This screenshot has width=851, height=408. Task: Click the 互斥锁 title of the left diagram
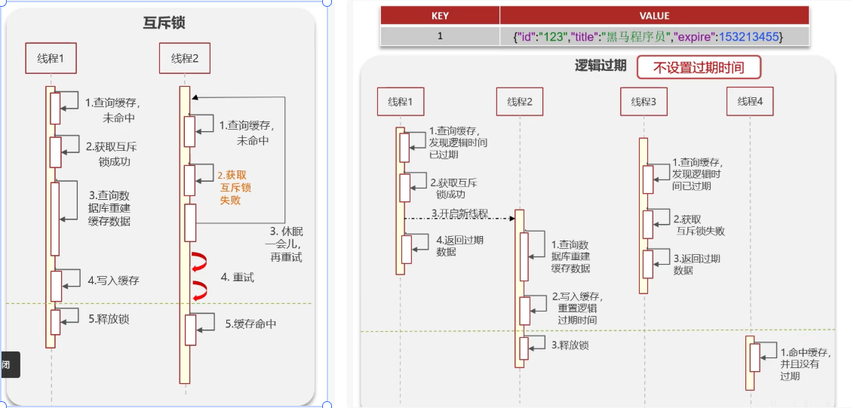click(164, 23)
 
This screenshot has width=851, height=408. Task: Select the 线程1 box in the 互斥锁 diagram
click(57, 58)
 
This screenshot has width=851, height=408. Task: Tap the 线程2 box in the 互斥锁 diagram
click(185, 58)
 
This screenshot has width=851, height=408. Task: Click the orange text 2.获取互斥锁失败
click(235, 187)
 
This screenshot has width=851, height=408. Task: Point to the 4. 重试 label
click(238, 278)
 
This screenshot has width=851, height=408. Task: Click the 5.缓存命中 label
click(250, 324)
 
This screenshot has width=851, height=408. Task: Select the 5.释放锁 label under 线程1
click(108, 319)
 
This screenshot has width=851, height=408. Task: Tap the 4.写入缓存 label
click(113, 281)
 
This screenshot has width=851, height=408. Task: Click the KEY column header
click(440, 16)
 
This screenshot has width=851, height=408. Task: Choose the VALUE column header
click(653, 16)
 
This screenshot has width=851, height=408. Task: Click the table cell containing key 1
click(440, 36)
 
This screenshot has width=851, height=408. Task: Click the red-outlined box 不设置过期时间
click(698, 68)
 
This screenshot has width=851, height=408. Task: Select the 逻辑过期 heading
click(601, 66)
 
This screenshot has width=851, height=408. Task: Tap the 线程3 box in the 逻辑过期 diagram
click(644, 102)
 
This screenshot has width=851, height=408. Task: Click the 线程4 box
click(750, 102)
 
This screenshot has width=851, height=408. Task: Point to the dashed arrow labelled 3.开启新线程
click(459, 218)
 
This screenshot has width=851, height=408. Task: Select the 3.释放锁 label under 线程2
click(570, 345)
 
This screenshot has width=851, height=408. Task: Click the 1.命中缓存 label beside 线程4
click(806, 364)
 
